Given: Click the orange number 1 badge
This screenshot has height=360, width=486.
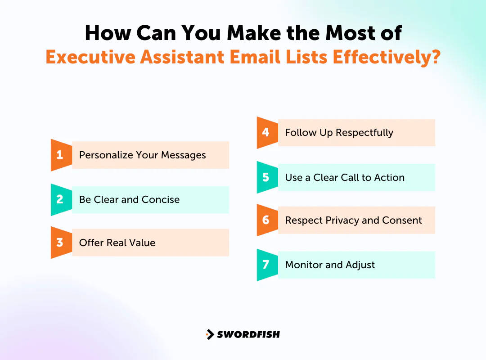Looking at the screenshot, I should click(60, 155).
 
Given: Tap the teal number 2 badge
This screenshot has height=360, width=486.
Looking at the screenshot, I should click(60, 200).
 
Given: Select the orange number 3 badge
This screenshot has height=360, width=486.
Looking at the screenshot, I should click(60, 243).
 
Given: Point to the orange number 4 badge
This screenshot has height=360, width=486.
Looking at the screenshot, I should click(266, 133).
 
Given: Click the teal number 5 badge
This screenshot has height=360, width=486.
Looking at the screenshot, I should click(266, 177).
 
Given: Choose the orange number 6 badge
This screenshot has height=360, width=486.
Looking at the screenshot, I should click(266, 220).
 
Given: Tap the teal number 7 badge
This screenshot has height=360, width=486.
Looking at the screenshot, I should click(266, 265).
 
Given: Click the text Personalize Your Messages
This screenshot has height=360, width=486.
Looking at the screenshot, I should click(142, 155).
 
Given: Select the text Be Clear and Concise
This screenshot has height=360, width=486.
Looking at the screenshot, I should click(129, 200).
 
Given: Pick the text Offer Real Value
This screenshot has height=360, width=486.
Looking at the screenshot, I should click(117, 243).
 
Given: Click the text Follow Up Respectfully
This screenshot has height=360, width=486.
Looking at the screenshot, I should click(339, 133).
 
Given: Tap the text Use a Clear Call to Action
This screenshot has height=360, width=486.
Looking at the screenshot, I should click(345, 177).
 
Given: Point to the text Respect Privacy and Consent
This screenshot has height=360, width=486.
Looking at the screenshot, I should click(353, 220).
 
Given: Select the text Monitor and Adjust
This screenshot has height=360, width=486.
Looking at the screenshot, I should click(330, 265).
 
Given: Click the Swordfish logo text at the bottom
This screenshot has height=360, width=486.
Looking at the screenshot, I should click(248, 334).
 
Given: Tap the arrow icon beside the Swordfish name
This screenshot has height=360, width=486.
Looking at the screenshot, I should click(210, 334).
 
